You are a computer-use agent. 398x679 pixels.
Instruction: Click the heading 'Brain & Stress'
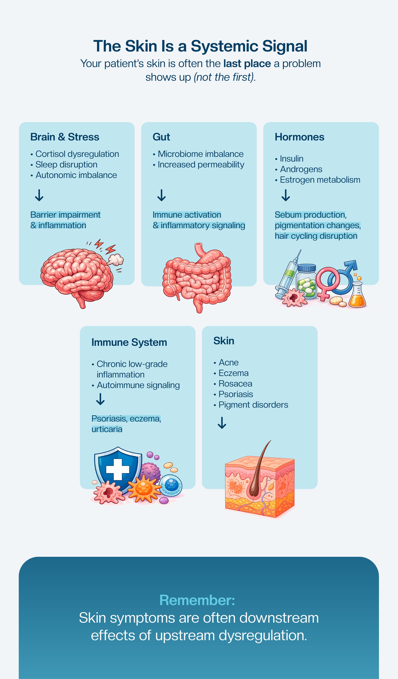pos(65,137)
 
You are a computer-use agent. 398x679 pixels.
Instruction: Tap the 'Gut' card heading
pos(161,137)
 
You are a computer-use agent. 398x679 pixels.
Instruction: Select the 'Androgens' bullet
pos(301,169)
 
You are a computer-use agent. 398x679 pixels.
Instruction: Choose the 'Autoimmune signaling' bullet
pos(138,385)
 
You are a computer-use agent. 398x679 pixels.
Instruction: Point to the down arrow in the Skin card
pos(222,423)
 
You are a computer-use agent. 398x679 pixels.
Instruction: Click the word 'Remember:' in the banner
pos(197,600)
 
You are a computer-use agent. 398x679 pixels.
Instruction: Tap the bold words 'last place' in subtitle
pos(247,64)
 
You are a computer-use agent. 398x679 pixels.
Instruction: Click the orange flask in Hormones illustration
pos(357,296)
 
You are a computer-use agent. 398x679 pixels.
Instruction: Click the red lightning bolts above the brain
pos(105,246)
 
